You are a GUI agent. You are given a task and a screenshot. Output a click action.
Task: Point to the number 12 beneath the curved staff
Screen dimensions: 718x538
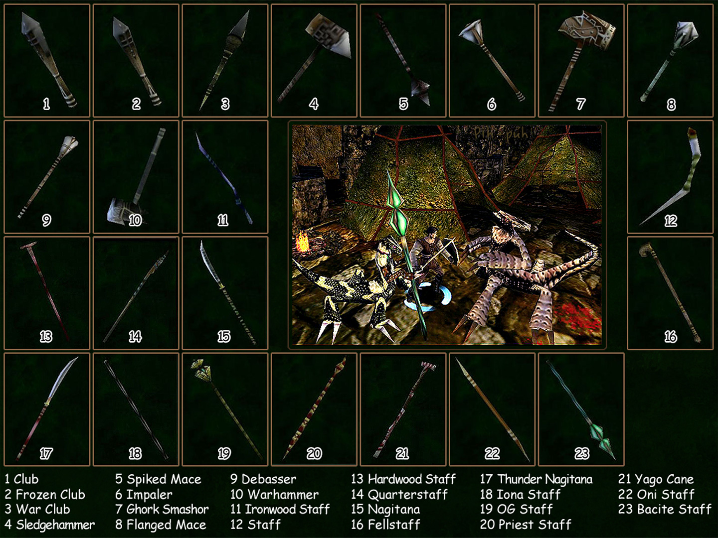670,221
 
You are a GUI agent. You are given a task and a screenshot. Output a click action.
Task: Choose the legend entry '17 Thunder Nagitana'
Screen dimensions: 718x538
536,479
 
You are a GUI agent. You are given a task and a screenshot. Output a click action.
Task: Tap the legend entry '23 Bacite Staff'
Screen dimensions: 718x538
664,509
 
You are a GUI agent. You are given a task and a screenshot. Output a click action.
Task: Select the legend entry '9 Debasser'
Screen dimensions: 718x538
263,479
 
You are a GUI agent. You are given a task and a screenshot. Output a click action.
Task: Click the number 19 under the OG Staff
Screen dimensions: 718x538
224,453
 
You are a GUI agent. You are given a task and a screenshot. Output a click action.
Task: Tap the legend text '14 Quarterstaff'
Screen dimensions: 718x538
399,495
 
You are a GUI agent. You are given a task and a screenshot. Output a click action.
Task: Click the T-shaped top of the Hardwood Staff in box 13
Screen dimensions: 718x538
28,246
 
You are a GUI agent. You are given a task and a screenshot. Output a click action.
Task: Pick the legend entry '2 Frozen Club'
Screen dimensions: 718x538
45,495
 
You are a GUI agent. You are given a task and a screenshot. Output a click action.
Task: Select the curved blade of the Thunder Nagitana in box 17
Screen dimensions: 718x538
62,379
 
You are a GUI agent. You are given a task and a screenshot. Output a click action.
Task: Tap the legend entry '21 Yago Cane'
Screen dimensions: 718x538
656,479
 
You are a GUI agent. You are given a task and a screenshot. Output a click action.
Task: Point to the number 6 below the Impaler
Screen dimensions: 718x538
491,105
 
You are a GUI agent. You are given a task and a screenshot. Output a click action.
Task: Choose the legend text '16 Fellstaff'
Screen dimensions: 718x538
385,525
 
